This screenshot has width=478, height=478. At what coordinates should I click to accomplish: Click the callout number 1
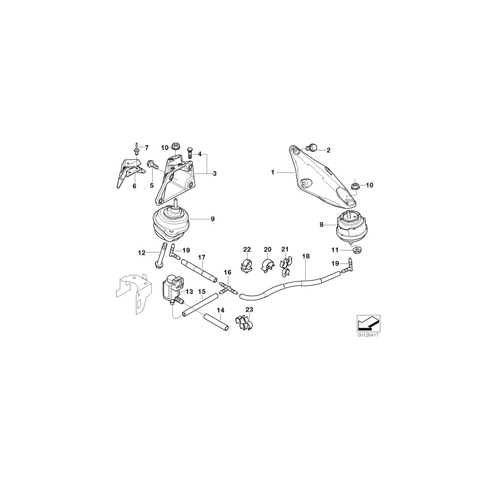[272, 172]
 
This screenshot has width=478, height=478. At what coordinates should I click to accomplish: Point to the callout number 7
[147, 147]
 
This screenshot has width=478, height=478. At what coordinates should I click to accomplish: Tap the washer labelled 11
[354, 250]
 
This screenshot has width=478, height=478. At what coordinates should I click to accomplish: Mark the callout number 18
[305, 257]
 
